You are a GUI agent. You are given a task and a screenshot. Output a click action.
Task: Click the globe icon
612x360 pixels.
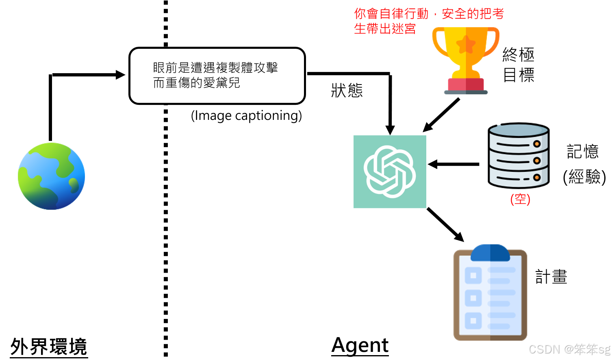51,176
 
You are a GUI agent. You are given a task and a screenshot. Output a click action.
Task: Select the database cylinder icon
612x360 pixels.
519,155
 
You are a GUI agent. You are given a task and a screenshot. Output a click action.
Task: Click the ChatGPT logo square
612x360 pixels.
390,171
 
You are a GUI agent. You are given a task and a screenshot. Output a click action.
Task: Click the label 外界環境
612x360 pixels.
49,347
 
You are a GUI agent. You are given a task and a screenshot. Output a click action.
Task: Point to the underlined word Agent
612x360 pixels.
360,345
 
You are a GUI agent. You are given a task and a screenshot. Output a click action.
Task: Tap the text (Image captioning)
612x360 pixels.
246,116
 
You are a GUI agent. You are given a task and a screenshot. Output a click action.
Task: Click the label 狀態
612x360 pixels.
347,90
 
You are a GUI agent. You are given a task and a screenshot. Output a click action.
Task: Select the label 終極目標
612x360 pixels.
518,65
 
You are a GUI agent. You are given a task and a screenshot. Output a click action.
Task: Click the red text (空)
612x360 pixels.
520,199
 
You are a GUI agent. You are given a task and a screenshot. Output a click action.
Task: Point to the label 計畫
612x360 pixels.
551,277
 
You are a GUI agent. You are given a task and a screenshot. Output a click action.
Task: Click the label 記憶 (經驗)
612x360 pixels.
584,164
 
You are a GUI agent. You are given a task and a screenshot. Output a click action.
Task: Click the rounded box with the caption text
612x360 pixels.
217,76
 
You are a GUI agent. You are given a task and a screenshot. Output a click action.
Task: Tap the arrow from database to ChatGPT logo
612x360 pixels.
454,164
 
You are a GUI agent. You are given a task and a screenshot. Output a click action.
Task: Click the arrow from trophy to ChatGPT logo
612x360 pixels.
441,115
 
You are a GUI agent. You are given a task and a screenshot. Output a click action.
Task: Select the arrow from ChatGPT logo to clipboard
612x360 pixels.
445,225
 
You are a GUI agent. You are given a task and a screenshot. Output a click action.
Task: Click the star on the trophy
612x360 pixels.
466,44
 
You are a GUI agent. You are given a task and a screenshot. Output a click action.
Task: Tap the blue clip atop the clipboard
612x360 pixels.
490,253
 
